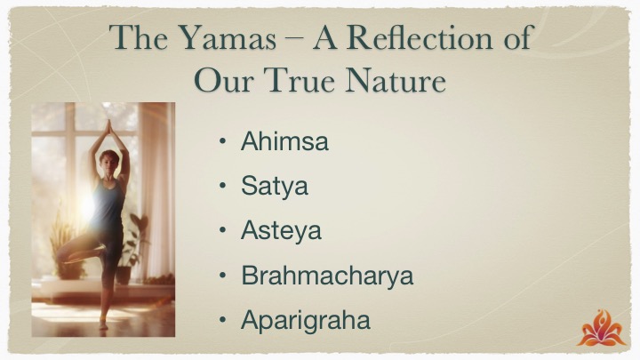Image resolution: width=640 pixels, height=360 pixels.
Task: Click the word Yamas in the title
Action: click(228, 37)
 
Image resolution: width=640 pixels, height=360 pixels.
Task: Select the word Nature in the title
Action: click(395, 80)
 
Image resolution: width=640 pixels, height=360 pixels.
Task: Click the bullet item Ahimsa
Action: click(284, 141)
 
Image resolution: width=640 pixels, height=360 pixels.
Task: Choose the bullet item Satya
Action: click(275, 186)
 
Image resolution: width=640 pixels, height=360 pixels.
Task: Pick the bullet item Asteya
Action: click(281, 230)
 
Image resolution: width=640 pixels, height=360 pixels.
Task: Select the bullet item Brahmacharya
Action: click(327, 275)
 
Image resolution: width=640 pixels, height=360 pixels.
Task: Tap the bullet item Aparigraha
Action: click(306, 320)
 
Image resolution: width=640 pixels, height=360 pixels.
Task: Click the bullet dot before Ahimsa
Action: click(222, 141)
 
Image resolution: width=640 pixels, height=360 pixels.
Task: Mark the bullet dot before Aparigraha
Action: click(222, 320)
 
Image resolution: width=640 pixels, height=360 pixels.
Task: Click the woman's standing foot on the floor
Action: click(103, 324)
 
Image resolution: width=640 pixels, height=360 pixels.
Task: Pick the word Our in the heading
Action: click(224, 80)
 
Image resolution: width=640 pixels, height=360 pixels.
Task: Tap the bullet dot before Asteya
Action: click(222, 230)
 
